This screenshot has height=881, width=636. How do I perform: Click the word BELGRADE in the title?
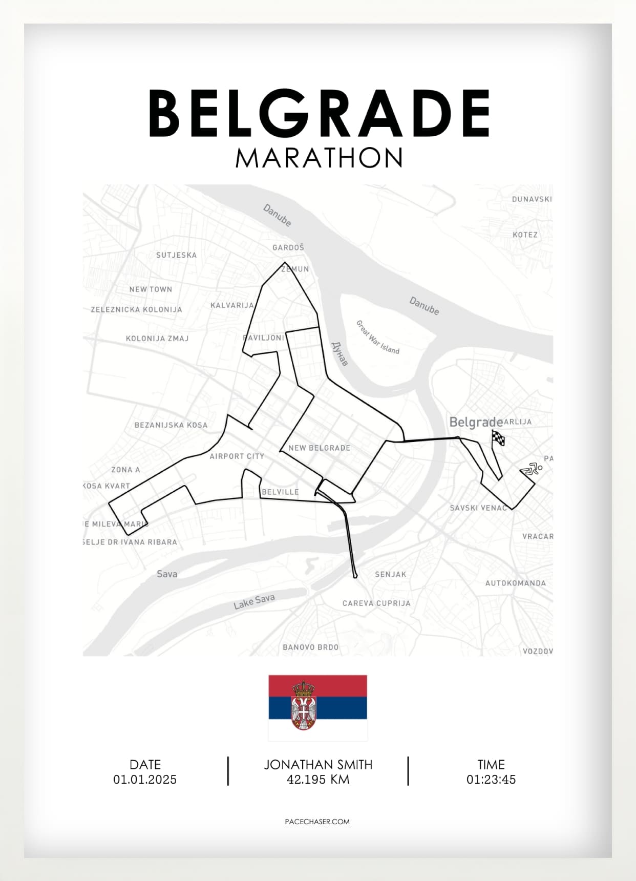tap(319, 113)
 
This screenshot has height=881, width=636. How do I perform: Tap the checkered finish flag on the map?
tap(498, 438)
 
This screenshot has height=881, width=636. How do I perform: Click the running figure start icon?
tap(531, 469)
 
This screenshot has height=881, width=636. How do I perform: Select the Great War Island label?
tap(377, 337)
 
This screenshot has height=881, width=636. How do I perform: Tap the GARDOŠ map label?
tap(288, 247)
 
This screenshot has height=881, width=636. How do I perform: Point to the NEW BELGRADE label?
tap(320, 448)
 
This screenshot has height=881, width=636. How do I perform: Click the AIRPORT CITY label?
tap(237, 456)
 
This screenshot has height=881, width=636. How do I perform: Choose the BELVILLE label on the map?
tap(280, 492)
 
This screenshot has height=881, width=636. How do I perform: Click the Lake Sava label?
tap(254, 601)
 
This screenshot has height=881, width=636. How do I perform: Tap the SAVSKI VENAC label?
tap(478, 508)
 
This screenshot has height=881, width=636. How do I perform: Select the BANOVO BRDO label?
tap(310, 647)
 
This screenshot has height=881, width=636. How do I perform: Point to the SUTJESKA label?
tap(176, 255)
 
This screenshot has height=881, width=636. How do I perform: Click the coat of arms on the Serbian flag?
tap(303, 706)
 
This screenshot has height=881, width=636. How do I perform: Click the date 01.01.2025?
tap(145, 780)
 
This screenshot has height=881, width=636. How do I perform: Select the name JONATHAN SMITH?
tap(318, 765)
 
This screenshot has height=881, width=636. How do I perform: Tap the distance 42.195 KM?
tap(318, 780)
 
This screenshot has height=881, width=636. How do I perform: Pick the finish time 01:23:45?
tap(491, 780)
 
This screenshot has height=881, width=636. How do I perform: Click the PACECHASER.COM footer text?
tap(317, 822)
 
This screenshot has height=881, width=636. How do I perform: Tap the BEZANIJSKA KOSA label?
tap(171, 425)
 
